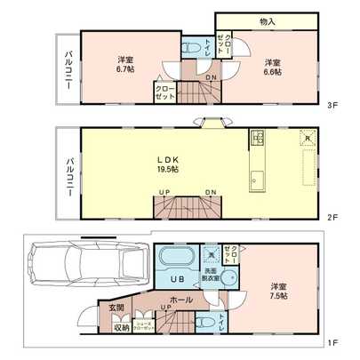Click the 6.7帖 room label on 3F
pyautogui.click(x=124, y=64)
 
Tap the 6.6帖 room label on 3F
pyautogui.click(x=272, y=68)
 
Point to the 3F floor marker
pyautogui.click(x=331, y=105)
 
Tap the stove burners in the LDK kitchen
pyautogui.click(x=258, y=137)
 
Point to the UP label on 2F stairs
pyautogui.click(x=164, y=193)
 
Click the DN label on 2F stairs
pyautogui.click(x=210, y=193)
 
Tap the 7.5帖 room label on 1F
pyautogui.click(x=278, y=292)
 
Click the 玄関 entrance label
pyautogui.click(x=117, y=308)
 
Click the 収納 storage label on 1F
pyautogui.click(x=121, y=327)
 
